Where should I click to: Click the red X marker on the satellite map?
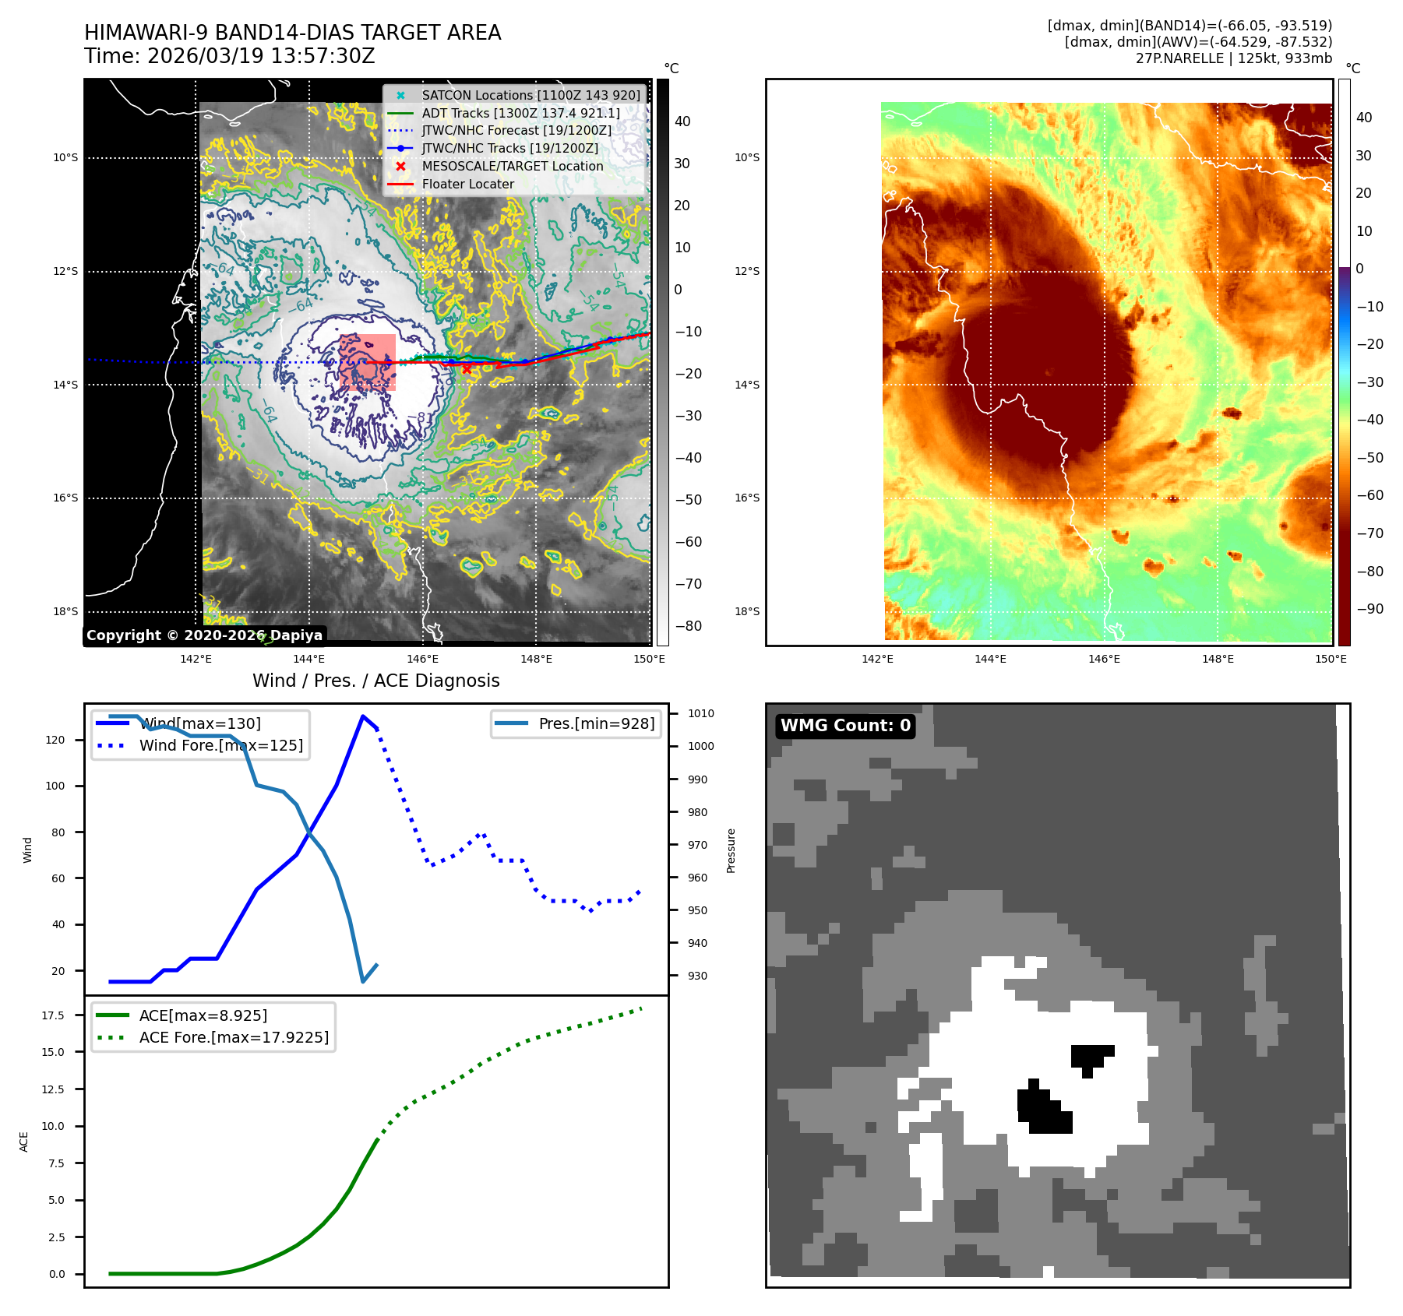(x=466, y=370)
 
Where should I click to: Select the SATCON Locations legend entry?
(x=531, y=95)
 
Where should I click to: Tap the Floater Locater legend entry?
(x=467, y=185)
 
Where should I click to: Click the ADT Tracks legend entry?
(x=520, y=113)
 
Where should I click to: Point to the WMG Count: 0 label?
(x=845, y=726)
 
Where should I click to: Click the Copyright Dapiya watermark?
(x=204, y=635)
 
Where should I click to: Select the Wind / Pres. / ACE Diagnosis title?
(x=375, y=681)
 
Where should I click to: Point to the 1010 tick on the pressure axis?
(x=700, y=713)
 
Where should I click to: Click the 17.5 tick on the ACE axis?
(x=53, y=1015)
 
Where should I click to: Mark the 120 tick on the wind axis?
(x=55, y=740)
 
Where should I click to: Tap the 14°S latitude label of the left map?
(x=65, y=385)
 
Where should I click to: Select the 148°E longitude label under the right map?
(x=1218, y=660)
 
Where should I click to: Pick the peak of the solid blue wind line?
(x=363, y=716)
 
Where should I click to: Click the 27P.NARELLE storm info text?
(x=1233, y=58)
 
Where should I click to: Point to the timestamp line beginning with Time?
(x=230, y=56)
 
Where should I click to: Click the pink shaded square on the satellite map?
(x=367, y=362)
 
